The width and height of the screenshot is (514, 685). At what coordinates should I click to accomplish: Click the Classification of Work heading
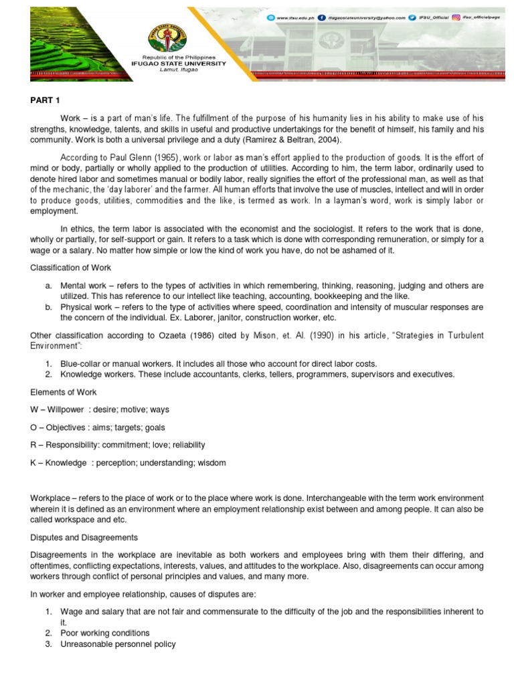70,268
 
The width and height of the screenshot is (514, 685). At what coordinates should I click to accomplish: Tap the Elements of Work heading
62,392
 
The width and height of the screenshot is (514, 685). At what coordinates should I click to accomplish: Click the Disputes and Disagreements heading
84,537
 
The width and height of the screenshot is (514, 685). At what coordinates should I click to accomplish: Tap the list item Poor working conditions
104,633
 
